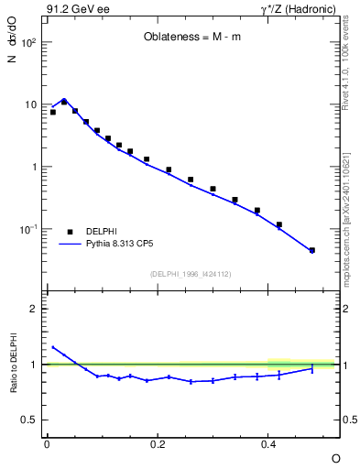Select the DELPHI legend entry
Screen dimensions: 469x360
[x=101, y=232]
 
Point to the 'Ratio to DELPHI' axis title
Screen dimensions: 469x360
[x=13, y=364]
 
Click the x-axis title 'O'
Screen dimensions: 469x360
[x=335, y=457]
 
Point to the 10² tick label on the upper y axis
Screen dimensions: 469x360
[x=27, y=43]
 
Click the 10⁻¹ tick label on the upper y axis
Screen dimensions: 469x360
[x=27, y=229]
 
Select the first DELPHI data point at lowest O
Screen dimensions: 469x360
[x=53, y=112]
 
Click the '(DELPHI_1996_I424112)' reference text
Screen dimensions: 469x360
[x=190, y=274]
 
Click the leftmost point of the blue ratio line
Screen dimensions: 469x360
[x=53, y=347]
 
